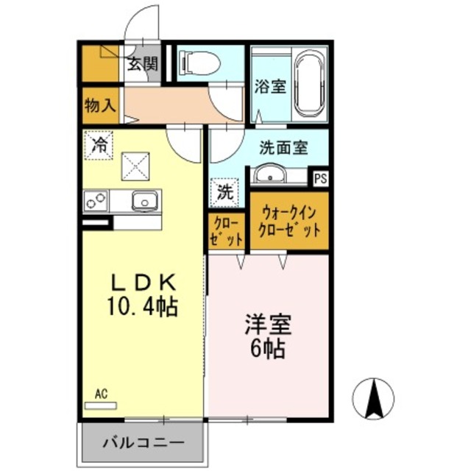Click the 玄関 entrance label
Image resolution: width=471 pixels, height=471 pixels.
[x=142, y=64]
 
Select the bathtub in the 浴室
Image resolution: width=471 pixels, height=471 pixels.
[x=310, y=85]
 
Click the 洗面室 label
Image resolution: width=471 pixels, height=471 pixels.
[x=283, y=146]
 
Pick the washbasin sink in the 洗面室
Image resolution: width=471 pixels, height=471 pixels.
[x=270, y=175]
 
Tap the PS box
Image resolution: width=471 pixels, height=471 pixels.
[x=321, y=177]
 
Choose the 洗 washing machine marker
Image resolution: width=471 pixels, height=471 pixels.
[x=225, y=193]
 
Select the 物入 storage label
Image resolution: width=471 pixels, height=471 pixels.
[x=99, y=105]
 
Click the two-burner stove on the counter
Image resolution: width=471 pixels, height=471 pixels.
[x=96, y=199]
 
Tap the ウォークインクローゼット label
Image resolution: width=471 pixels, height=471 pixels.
[x=288, y=222]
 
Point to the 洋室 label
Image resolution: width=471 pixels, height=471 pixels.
[x=266, y=325]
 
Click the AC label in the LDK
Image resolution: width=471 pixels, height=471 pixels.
[x=102, y=394]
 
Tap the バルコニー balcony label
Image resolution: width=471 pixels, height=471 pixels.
[x=142, y=444]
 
